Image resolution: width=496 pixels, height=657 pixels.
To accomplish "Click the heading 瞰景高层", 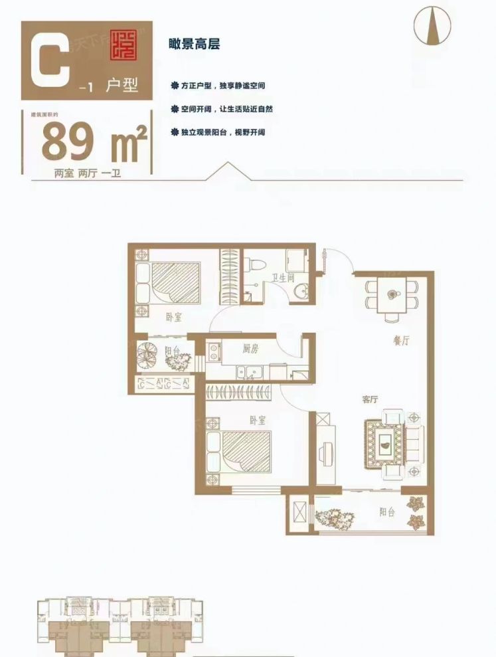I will [x=195, y=45].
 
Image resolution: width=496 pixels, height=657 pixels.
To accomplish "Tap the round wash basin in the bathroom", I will [x=301, y=290].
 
